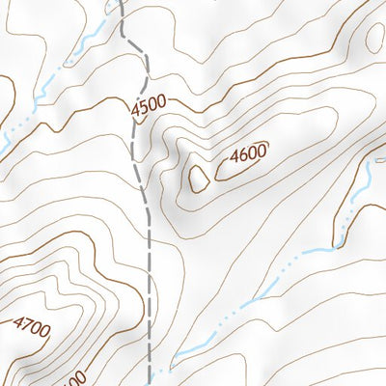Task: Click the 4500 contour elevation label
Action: (x=148, y=101)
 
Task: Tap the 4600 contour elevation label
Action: (x=248, y=152)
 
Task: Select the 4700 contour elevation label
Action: (x=31, y=329)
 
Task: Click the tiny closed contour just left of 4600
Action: (x=200, y=177)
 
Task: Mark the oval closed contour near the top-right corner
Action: (x=375, y=37)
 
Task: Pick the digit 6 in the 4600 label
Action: (x=242, y=153)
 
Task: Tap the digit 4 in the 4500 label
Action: (x=134, y=101)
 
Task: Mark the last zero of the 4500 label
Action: (x=161, y=101)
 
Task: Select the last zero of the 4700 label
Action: (x=44, y=327)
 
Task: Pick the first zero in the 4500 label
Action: (x=152, y=101)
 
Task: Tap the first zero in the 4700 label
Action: (x=36, y=328)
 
